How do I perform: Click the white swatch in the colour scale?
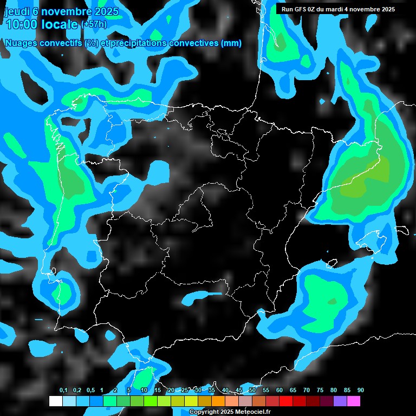click(56, 401)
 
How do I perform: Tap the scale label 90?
click(361, 391)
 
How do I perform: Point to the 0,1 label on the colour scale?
click(63, 391)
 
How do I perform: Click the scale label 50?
click(252, 391)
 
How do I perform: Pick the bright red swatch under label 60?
click(287, 401)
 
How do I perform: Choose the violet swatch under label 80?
click(341, 401)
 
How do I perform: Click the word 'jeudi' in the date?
click(16, 11)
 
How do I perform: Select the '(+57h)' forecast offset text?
click(94, 24)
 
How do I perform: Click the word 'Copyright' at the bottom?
click(203, 412)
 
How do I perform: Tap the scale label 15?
click(158, 391)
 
